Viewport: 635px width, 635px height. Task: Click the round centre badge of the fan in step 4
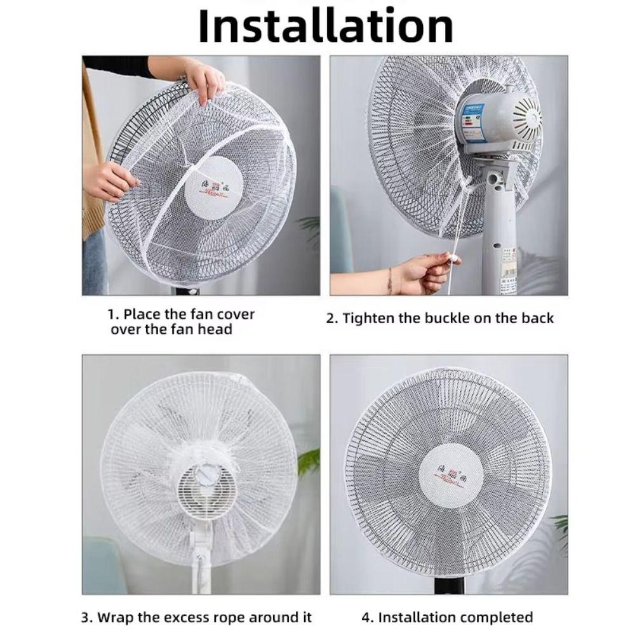[x=448, y=478]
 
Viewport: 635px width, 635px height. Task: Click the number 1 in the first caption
[x=112, y=314]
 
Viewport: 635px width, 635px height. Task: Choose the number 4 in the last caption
[x=365, y=617]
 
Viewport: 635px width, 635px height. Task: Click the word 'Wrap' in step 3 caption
[x=114, y=617]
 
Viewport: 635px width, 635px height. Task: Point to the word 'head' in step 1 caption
[x=218, y=329]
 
